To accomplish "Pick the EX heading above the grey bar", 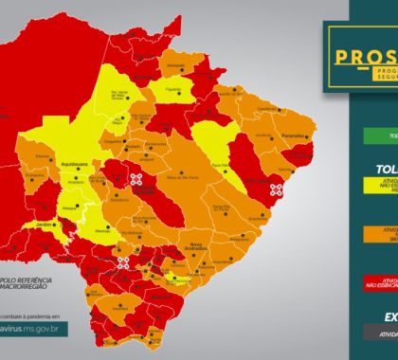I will click(x=384, y=315).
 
